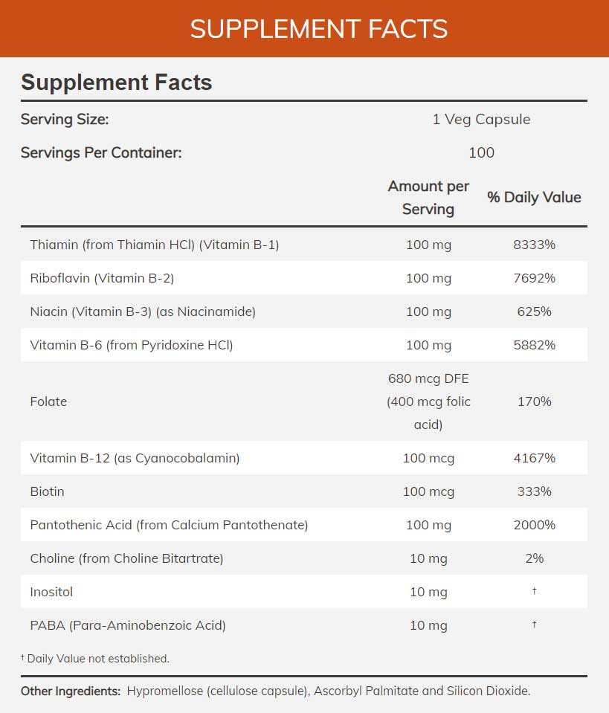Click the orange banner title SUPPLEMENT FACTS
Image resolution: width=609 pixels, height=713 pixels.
(319, 29)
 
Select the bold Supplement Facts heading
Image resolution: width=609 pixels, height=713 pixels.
(117, 82)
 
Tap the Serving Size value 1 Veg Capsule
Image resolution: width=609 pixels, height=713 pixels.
(481, 119)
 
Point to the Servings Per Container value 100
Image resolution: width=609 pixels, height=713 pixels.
(481, 152)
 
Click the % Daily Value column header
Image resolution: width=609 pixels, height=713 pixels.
(534, 197)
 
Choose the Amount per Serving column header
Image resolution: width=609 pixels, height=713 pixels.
(428, 197)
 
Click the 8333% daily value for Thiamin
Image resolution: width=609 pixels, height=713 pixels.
(534, 245)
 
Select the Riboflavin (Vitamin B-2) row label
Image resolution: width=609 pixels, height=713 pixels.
(102, 278)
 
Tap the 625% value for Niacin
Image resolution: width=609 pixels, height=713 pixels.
(534, 312)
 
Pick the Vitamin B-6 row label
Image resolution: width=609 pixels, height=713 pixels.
(132, 345)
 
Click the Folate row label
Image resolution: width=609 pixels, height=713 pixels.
(48, 401)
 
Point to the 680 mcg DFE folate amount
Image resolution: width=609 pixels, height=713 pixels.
(428, 378)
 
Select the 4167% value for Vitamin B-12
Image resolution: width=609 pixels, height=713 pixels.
(534, 458)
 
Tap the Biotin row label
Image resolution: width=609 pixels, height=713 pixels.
(47, 491)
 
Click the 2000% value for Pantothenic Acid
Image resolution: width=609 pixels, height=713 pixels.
(534, 525)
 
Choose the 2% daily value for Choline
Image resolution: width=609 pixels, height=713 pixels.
(534, 558)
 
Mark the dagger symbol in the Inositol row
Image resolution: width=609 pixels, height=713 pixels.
(534, 591)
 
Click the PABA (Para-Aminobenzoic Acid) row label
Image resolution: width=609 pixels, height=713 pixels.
(128, 625)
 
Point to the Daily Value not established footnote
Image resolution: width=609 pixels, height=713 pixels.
(95, 658)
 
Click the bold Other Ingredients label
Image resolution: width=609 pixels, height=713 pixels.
(71, 691)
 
